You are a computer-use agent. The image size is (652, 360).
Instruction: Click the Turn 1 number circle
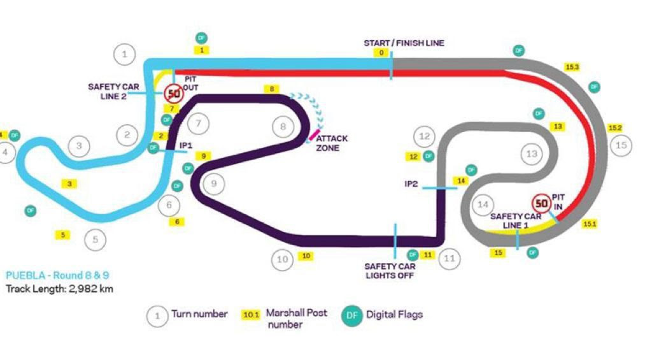tap(125, 54)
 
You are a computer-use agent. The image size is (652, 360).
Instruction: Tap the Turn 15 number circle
tap(621, 145)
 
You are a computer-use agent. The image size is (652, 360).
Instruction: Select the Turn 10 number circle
tap(283, 259)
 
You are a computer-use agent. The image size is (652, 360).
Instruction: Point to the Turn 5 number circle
tap(95, 240)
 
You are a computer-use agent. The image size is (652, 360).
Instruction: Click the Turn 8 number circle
tap(283, 127)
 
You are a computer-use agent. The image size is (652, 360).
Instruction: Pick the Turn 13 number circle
tap(532, 154)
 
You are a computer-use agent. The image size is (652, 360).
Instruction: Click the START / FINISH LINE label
tap(404, 43)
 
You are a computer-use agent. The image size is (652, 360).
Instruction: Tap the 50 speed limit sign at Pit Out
tap(173, 94)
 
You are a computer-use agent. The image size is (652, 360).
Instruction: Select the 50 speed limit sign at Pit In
tap(542, 204)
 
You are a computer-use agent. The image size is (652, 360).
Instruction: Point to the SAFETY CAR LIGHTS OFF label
tap(389, 271)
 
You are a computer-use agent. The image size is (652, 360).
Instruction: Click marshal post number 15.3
tap(572, 66)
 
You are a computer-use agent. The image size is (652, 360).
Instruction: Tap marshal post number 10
tap(306, 256)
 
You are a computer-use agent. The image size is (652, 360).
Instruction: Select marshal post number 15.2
tap(615, 127)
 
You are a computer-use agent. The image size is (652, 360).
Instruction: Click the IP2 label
tap(411, 184)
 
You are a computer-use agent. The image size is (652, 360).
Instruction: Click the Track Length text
tap(60, 289)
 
